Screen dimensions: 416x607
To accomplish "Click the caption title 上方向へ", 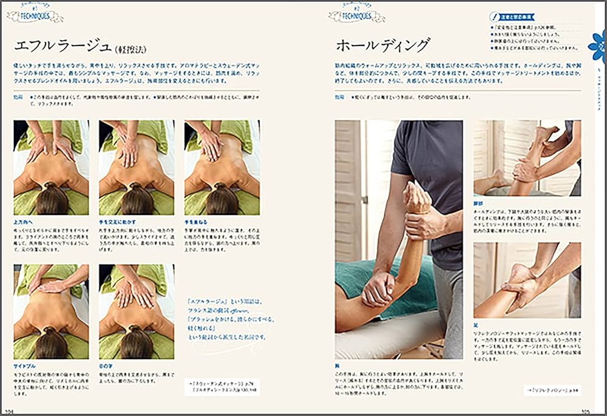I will [x=24, y=222].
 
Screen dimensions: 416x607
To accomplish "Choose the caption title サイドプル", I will [x=26, y=366].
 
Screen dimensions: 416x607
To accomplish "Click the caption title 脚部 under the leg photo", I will [x=480, y=202].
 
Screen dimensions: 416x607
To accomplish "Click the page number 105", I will [x=586, y=411].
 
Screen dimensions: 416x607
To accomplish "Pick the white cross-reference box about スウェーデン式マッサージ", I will [x=222, y=386].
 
